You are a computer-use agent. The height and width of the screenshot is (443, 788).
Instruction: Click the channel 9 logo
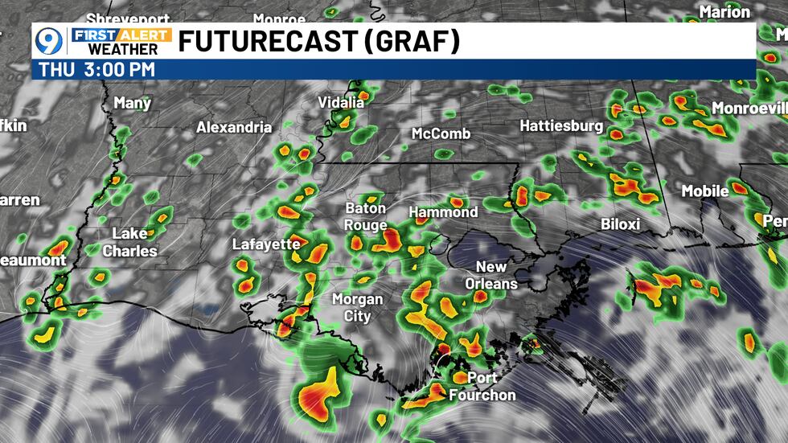tap(51, 41)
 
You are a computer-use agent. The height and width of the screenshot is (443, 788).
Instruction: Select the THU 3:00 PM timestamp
tap(96, 69)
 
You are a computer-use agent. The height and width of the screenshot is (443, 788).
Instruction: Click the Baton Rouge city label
tap(366, 216)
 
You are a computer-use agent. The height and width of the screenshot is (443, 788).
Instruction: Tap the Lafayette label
tap(266, 244)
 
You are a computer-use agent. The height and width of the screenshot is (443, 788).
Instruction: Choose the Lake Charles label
tap(129, 241)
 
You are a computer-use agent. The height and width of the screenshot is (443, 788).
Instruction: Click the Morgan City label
tap(358, 307)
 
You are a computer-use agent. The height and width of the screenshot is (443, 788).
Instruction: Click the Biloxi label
tap(621, 224)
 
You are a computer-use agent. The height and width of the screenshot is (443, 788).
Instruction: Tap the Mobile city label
tap(705, 191)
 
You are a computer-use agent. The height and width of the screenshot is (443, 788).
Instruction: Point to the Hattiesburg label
tap(561, 125)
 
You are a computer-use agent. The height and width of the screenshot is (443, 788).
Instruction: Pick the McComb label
tap(441, 133)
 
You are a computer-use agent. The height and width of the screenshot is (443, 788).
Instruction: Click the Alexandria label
tap(234, 127)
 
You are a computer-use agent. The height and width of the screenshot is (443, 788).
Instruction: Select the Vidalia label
tap(341, 102)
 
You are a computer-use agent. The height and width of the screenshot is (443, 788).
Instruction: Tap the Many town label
tap(133, 102)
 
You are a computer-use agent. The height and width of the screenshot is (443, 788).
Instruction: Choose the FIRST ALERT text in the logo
tap(121, 35)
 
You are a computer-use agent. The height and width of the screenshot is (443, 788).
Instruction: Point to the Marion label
tap(724, 11)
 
